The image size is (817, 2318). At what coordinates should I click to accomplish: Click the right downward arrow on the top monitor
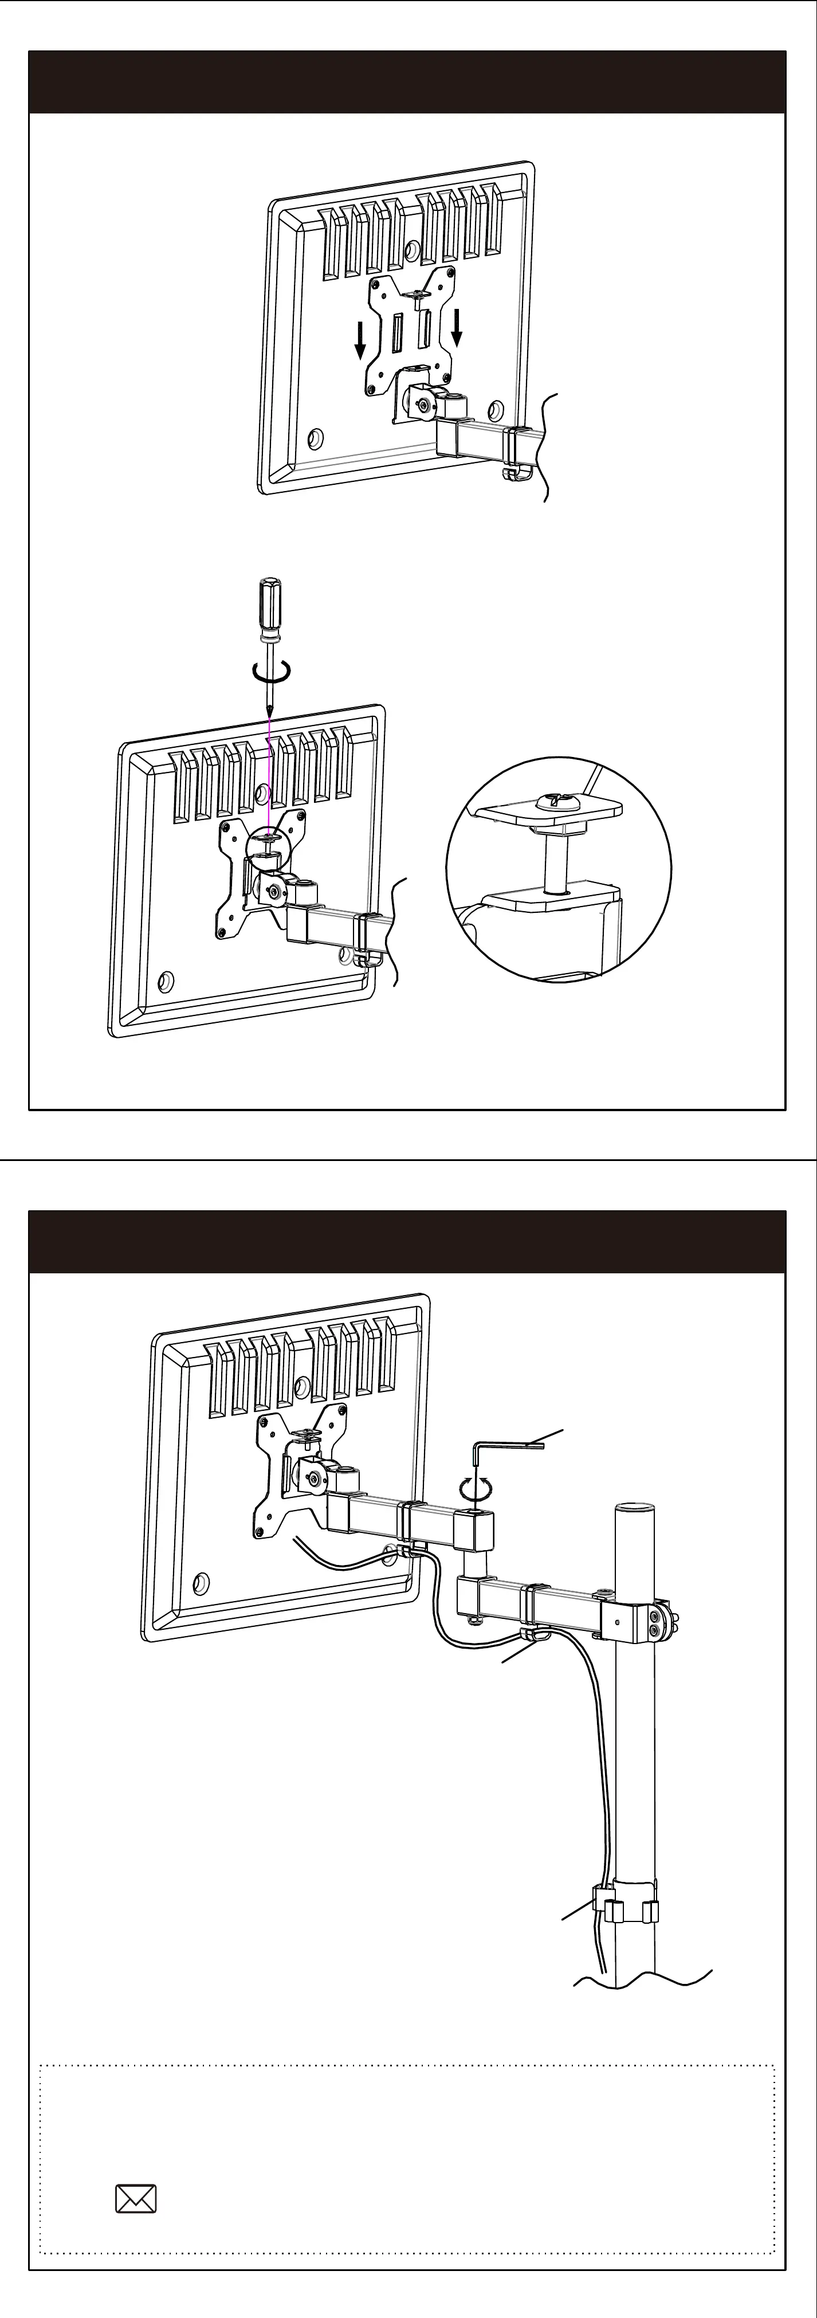click(x=457, y=328)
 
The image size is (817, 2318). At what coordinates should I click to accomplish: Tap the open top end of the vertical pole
click(x=634, y=1507)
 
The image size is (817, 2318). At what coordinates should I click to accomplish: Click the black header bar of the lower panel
click(x=407, y=1242)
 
